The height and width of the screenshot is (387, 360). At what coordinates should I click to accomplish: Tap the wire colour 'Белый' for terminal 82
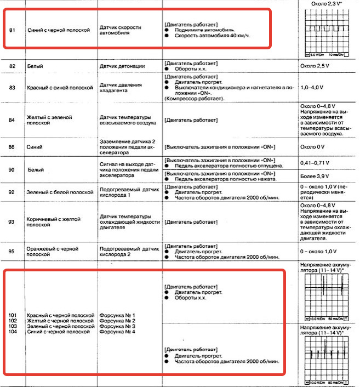click(x=35, y=66)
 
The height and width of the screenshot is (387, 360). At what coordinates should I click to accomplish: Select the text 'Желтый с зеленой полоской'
click(x=50, y=121)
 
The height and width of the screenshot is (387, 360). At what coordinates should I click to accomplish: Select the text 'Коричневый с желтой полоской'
click(x=54, y=221)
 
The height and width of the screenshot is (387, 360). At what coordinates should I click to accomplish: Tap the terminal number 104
click(x=14, y=332)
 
